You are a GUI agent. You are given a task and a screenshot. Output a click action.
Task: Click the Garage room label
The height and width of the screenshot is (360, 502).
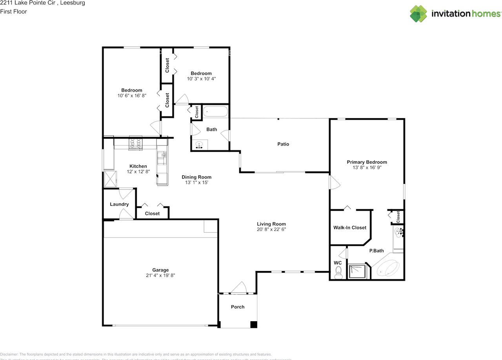point(160,270)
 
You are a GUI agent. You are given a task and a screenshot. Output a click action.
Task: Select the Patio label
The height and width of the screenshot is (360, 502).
point(283,144)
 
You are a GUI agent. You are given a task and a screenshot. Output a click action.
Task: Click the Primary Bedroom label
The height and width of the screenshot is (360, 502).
point(367,162)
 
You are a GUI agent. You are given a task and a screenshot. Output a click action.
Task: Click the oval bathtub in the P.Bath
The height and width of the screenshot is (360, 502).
point(388,269)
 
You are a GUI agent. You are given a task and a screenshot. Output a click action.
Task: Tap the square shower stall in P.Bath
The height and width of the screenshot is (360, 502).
point(358,271)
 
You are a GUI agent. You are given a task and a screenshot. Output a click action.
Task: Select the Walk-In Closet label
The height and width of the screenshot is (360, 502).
point(349,227)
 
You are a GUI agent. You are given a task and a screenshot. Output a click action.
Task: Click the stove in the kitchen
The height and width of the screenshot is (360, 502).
point(136,144)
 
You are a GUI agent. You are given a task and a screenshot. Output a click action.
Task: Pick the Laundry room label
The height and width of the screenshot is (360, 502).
point(119,204)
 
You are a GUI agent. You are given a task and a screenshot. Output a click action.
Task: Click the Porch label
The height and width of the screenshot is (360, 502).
point(238,307)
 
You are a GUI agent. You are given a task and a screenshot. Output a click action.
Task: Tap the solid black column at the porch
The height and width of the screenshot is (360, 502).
point(254,324)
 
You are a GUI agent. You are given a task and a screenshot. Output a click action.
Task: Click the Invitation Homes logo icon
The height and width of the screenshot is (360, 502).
point(418,14)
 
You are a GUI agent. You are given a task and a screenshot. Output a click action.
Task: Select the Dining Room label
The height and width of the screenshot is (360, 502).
point(196,177)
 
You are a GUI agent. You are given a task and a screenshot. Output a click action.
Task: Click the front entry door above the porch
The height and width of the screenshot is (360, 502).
point(239,288)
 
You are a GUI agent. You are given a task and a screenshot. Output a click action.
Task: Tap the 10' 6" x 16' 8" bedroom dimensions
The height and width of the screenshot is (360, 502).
point(131,96)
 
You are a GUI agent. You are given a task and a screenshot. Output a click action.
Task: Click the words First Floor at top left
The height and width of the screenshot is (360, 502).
point(13,11)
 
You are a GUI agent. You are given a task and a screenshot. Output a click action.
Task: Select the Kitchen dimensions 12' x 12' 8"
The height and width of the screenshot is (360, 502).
point(138,171)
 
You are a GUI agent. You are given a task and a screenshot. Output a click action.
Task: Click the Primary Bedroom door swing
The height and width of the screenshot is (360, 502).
point(334,183)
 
